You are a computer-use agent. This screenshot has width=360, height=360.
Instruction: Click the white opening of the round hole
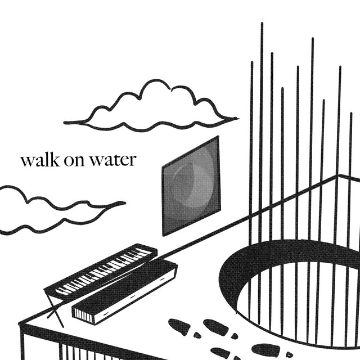304,304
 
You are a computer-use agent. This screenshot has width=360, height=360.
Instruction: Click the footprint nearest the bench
179,325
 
